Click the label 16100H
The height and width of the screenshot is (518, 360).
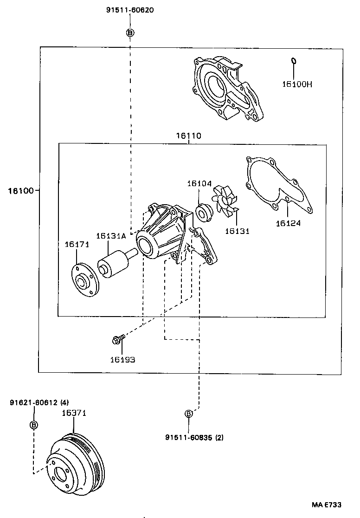point(297,84)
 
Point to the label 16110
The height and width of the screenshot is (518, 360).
point(188,136)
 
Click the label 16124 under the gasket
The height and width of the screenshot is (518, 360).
point(288,223)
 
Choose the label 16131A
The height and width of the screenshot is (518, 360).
point(111,236)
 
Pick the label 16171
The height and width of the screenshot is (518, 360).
point(77,244)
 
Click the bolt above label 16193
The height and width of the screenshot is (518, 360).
point(117,341)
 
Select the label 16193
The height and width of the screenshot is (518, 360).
point(122,359)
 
